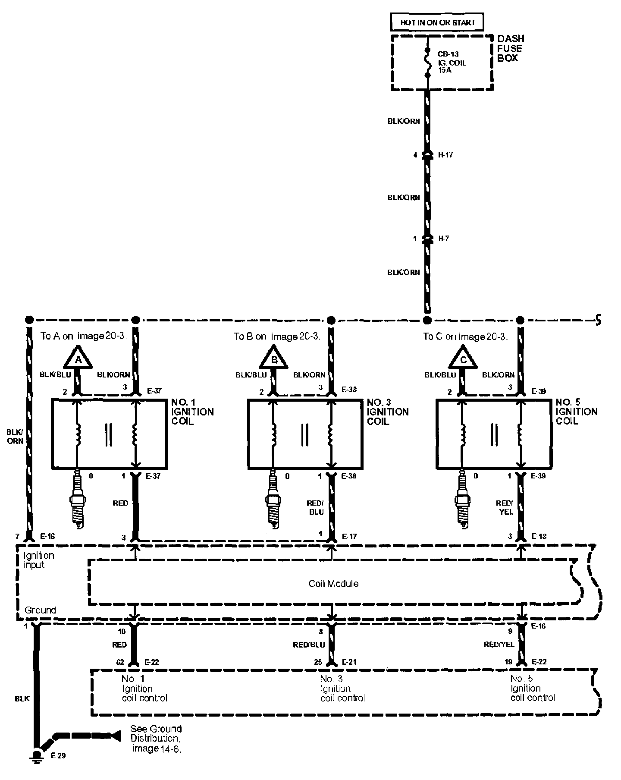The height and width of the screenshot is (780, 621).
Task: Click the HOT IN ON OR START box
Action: [437, 22]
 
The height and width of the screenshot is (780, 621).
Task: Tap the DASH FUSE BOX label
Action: [510, 48]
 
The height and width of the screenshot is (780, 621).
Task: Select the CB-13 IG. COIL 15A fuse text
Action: [452, 62]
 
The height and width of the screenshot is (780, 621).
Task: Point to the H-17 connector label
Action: [445, 155]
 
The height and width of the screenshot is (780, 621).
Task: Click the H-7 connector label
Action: [443, 239]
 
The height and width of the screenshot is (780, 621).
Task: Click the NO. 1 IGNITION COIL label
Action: [192, 412]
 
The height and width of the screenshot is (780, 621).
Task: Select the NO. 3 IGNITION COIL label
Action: [387, 412]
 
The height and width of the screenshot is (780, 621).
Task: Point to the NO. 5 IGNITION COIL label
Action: [576, 411]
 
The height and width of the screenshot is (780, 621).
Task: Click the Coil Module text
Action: [333, 584]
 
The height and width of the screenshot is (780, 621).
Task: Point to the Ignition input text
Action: [38, 560]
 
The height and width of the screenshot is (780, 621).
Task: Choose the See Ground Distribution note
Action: [156, 738]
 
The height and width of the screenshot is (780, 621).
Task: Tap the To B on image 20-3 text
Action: [277, 337]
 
